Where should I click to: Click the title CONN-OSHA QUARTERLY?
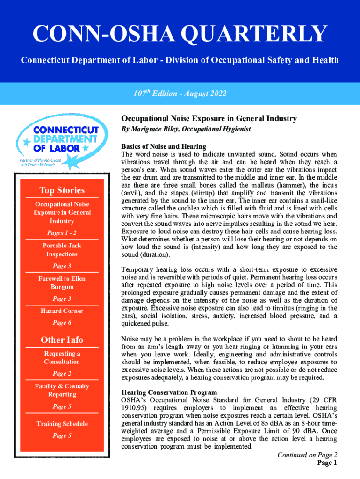point(180,34)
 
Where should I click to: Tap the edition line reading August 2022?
point(180,94)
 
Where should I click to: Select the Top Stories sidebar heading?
point(62,190)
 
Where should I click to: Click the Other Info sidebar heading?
point(62,340)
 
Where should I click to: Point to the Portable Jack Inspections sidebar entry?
point(62,250)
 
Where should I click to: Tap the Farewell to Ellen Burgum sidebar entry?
point(62,283)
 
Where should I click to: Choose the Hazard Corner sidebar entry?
point(62,311)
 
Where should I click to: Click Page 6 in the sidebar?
point(62,323)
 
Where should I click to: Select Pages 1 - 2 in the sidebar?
point(62,233)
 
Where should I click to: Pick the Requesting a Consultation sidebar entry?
point(62,357)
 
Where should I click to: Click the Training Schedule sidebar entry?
point(62,424)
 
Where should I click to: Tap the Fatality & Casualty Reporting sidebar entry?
point(62,390)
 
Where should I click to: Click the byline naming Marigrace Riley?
point(186,129)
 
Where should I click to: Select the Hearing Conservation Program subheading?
point(169,392)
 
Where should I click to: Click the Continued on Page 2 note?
point(307,455)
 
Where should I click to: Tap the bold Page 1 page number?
point(327,463)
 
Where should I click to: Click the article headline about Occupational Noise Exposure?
point(209,118)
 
